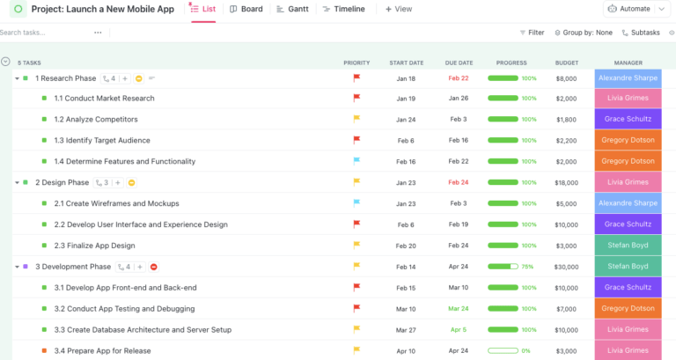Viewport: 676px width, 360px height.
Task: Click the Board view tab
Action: click(246, 9)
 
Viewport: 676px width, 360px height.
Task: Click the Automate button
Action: click(628, 9)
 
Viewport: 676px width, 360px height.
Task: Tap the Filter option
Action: click(531, 33)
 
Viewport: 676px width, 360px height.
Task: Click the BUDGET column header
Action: click(567, 62)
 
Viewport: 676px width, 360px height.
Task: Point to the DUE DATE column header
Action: click(459, 62)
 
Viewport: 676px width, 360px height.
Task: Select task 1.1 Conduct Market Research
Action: click(104, 99)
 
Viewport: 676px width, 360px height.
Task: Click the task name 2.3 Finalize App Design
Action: click(94, 246)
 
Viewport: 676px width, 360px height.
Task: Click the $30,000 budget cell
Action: click(566, 267)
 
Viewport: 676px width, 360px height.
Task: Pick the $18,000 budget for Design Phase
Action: click(566, 182)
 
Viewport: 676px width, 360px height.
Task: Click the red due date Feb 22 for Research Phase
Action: click(459, 78)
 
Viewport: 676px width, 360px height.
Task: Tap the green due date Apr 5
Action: click(459, 330)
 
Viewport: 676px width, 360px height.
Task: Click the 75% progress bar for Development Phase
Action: click(503, 267)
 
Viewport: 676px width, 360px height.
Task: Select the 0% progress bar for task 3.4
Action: click(503, 351)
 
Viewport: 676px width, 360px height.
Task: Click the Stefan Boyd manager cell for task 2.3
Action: click(628, 246)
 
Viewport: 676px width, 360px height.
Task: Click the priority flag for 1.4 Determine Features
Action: click(356, 161)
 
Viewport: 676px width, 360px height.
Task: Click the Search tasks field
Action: click(44, 33)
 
